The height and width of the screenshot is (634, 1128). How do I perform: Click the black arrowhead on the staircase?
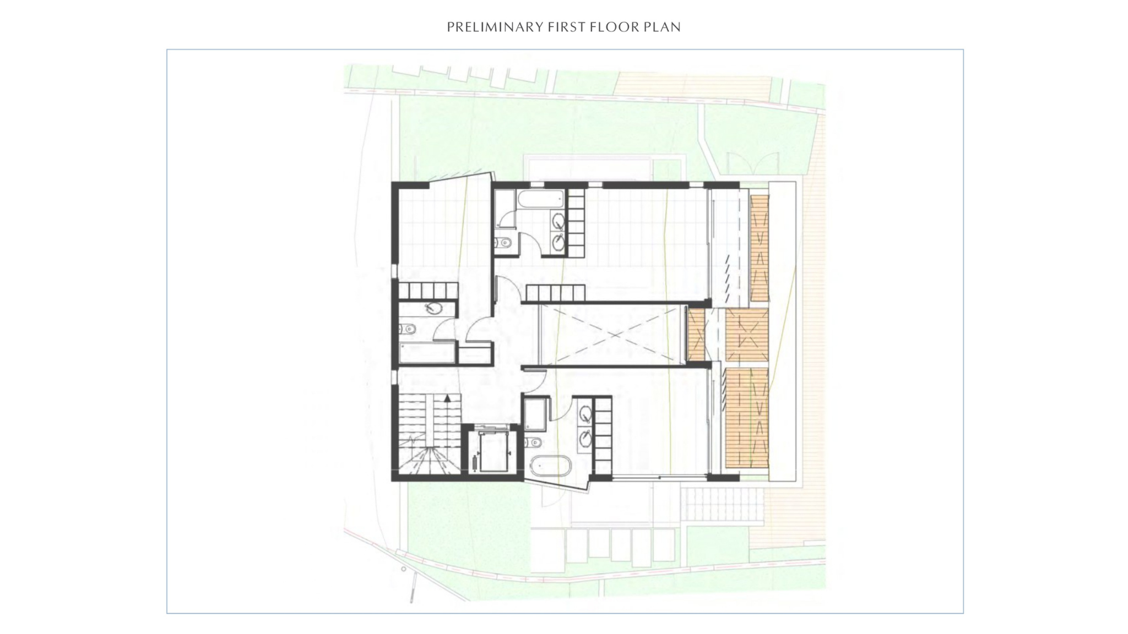(448, 397)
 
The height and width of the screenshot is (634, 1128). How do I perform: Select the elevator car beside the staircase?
(492, 452)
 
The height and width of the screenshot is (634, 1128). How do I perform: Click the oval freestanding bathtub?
(550, 466)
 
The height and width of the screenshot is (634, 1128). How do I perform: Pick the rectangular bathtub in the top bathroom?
(540, 200)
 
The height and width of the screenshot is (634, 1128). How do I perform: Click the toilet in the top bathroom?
(503, 242)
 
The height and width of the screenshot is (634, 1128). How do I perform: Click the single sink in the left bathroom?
(433, 308)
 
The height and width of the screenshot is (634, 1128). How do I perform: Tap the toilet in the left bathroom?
(407, 330)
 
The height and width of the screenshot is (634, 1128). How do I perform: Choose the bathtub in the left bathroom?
(427, 353)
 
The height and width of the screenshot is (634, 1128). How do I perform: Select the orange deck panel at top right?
(759, 248)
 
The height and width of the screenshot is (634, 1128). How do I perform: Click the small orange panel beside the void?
(697, 334)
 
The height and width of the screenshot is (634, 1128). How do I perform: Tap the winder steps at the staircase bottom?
(426, 460)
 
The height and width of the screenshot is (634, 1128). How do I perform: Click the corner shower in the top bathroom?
(505, 209)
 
